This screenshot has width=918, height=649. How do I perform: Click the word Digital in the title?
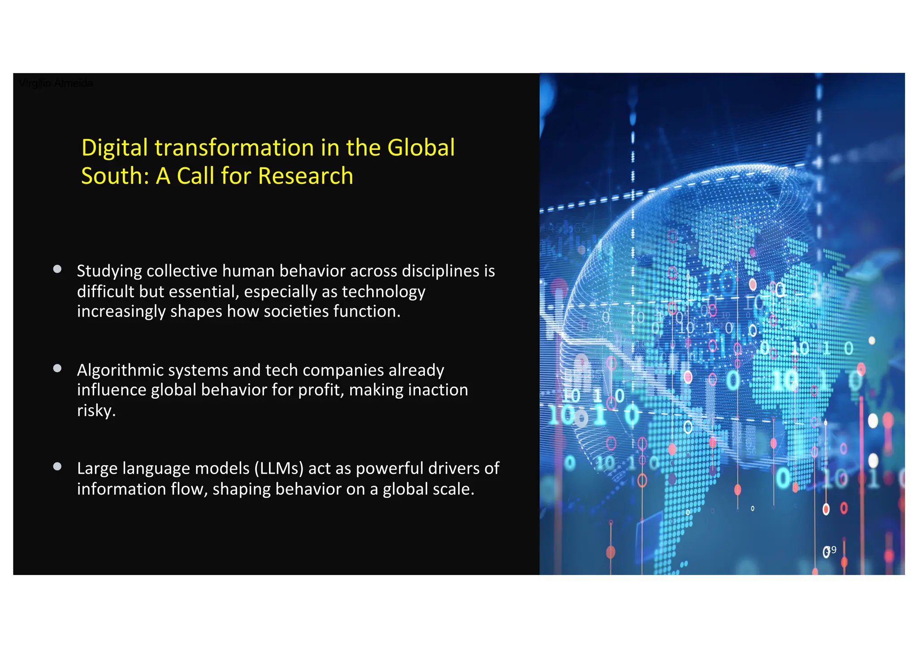pos(114,148)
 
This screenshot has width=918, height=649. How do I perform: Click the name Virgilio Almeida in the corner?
pos(56,83)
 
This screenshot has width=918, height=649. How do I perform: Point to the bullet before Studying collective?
pos(57,269)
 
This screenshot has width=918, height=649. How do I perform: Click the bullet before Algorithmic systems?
pos(57,368)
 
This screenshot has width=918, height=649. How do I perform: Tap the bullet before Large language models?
pos(57,466)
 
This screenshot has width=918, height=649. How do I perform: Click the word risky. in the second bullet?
pos(96,410)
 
